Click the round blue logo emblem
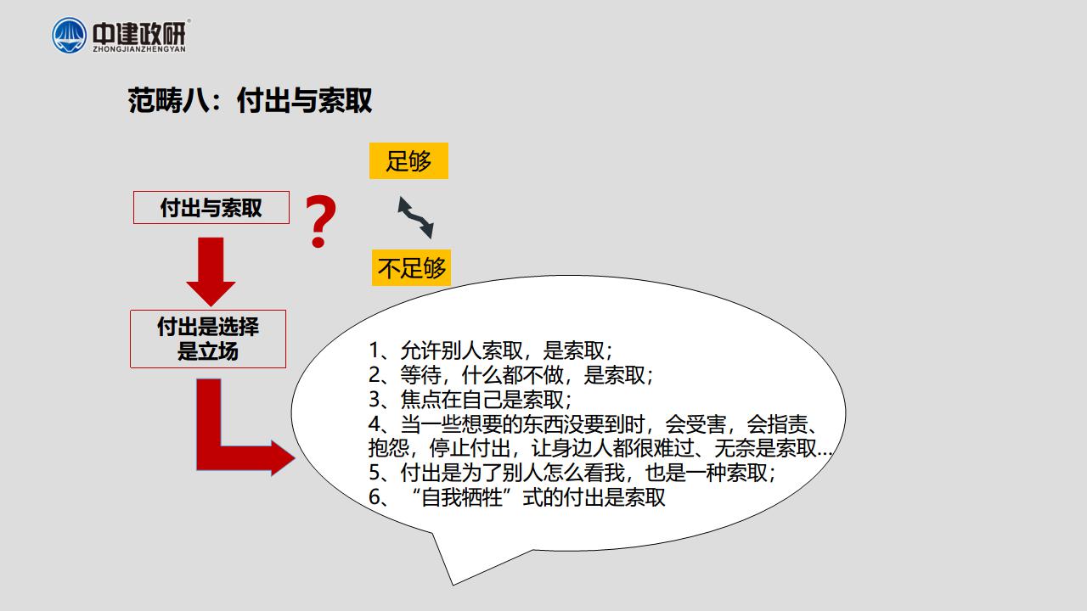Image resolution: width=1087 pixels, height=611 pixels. [70, 36]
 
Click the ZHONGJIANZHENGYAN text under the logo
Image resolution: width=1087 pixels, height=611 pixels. [139, 49]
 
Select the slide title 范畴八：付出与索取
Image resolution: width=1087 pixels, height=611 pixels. [250, 100]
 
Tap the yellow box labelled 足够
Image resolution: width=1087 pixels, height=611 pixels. [408, 160]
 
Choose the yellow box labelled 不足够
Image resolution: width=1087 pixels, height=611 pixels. [412, 267]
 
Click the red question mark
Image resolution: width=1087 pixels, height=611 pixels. [320, 221]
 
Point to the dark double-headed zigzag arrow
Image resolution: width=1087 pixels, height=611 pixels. [415, 217]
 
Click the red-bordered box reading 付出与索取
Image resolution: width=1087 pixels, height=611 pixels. [211, 208]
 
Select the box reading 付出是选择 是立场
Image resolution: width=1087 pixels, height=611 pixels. [208, 339]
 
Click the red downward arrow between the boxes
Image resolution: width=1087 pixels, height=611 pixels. [211, 272]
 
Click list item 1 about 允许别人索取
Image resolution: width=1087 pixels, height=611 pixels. [491, 350]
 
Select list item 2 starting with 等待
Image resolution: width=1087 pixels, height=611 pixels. [511, 375]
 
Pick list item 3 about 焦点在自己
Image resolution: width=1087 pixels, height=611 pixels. [470, 400]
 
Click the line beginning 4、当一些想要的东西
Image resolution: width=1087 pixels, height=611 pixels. [594, 424]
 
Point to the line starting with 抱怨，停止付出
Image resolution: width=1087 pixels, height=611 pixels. [600, 448]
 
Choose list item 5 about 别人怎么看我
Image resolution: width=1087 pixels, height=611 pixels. [572, 473]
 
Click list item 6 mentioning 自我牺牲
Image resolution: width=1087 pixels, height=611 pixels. [517, 497]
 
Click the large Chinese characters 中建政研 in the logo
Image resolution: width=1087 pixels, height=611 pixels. [139, 32]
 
